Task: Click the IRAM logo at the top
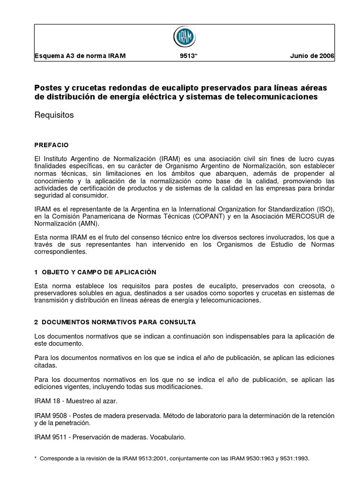(185, 37)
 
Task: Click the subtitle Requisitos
(54, 115)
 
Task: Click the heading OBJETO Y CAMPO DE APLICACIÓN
(98, 272)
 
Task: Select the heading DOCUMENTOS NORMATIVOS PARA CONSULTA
(119, 322)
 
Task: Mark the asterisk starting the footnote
(36, 457)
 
